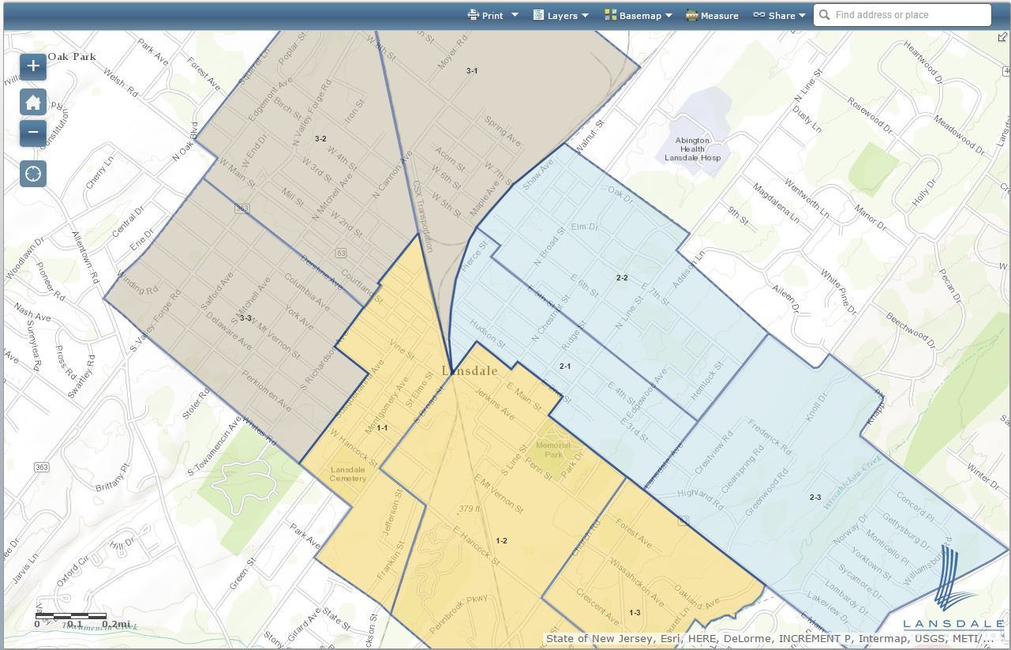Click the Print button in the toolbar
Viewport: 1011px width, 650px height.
click(492, 15)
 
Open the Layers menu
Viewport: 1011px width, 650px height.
click(561, 15)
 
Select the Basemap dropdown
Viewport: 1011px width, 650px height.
click(638, 15)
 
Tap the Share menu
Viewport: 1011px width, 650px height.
click(780, 15)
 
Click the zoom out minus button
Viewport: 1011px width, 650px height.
click(33, 132)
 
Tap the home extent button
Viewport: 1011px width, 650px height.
click(33, 102)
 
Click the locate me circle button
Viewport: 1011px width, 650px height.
click(33, 174)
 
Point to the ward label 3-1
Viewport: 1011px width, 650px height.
click(471, 71)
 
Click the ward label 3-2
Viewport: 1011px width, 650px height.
click(320, 139)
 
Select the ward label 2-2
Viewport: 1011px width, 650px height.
click(622, 278)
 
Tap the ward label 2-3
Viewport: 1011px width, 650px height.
click(815, 498)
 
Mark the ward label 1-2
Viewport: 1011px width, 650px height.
click(501, 541)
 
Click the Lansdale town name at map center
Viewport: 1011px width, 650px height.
click(470, 371)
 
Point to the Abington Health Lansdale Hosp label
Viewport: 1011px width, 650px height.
click(692, 149)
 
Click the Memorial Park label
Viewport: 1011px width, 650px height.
click(552, 449)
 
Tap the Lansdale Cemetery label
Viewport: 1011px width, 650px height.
click(348, 474)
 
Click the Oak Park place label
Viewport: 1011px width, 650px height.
click(72, 57)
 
